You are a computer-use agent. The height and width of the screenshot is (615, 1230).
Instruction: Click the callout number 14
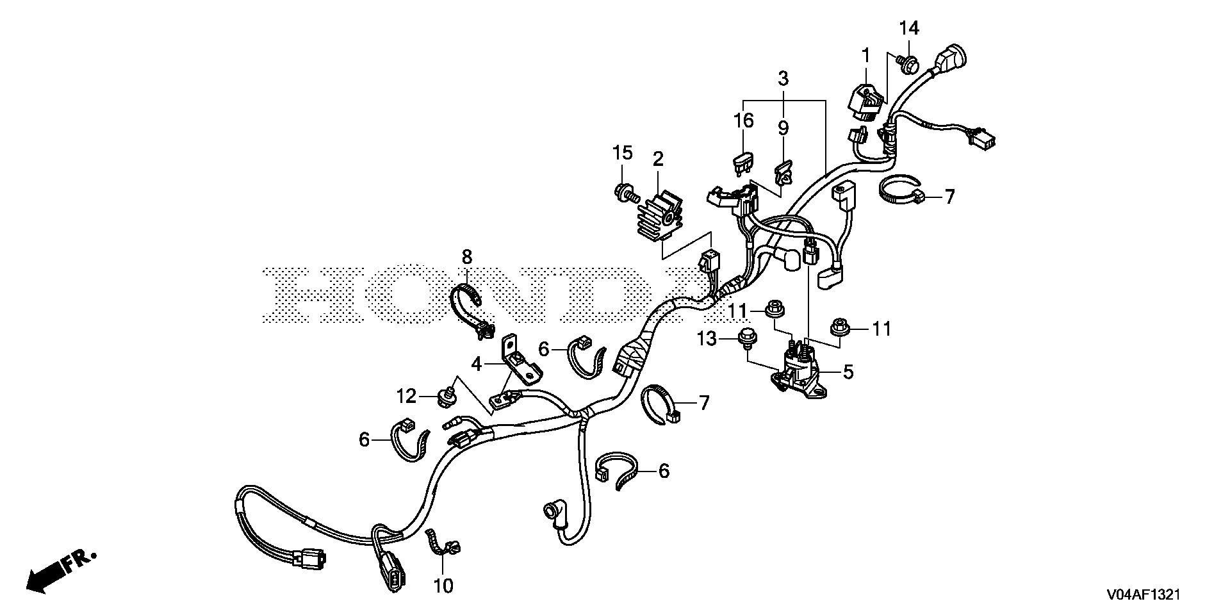909,28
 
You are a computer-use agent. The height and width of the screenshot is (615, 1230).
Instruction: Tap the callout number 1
866,56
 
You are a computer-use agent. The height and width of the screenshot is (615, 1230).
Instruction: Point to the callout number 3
783,79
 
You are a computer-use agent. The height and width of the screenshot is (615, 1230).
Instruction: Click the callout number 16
744,120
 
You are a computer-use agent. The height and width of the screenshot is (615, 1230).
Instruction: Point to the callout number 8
466,258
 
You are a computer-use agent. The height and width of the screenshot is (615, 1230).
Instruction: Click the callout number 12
406,397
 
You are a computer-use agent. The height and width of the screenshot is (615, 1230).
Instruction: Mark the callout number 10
443,586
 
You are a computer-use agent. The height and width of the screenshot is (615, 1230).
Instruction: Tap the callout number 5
848,372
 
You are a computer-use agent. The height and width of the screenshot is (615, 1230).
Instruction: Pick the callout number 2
659,160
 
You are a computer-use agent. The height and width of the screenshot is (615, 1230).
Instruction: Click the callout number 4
476,365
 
